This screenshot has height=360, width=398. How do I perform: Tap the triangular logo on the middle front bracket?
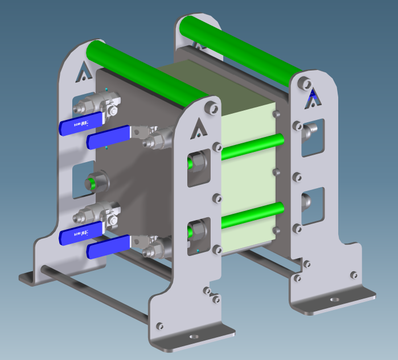pos(198,126)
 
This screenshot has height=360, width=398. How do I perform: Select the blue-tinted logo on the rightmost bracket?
pos(313,100)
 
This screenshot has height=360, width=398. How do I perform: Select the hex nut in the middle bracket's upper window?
pos(198,164)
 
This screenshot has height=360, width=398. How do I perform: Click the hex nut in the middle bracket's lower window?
pos(198,231)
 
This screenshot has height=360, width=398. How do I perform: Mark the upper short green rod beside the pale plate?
pos(251,146)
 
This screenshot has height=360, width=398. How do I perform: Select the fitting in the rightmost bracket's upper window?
pos(310,132)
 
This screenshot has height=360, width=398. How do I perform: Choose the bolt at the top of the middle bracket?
pos(211,107)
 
